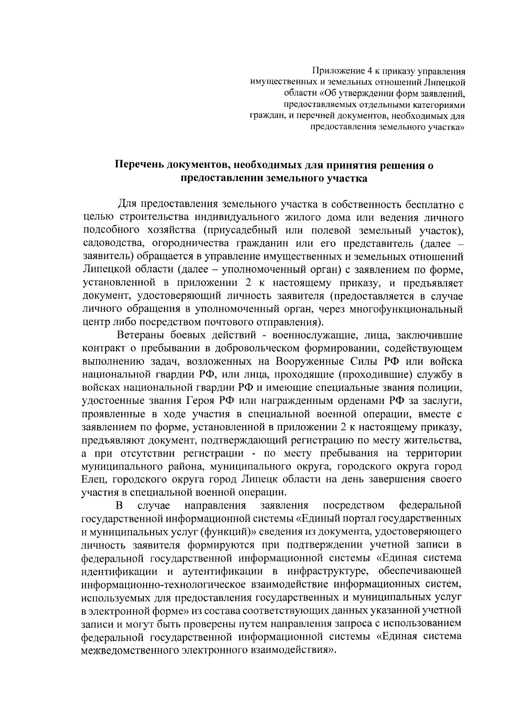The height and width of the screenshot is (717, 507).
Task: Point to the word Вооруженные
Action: [310, 362]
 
